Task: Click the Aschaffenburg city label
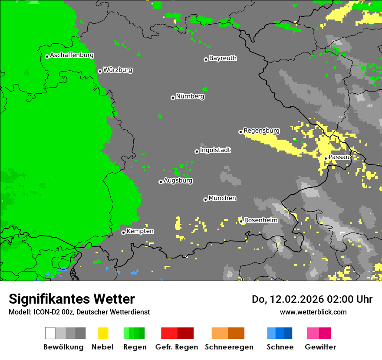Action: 72,56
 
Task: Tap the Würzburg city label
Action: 118,70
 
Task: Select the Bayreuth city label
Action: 223,59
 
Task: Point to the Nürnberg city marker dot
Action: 173,98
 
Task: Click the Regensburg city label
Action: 261,131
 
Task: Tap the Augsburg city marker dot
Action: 161,182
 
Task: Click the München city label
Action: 222,199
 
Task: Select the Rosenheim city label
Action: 260,220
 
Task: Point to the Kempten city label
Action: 140,232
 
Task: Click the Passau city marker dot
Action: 326,158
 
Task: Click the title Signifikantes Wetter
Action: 72,299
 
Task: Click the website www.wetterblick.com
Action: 313,312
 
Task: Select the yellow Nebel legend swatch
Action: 103,333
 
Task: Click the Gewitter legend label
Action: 320,347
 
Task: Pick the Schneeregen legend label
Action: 229,347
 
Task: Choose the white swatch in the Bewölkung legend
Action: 50,333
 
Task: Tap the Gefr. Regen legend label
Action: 177,347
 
